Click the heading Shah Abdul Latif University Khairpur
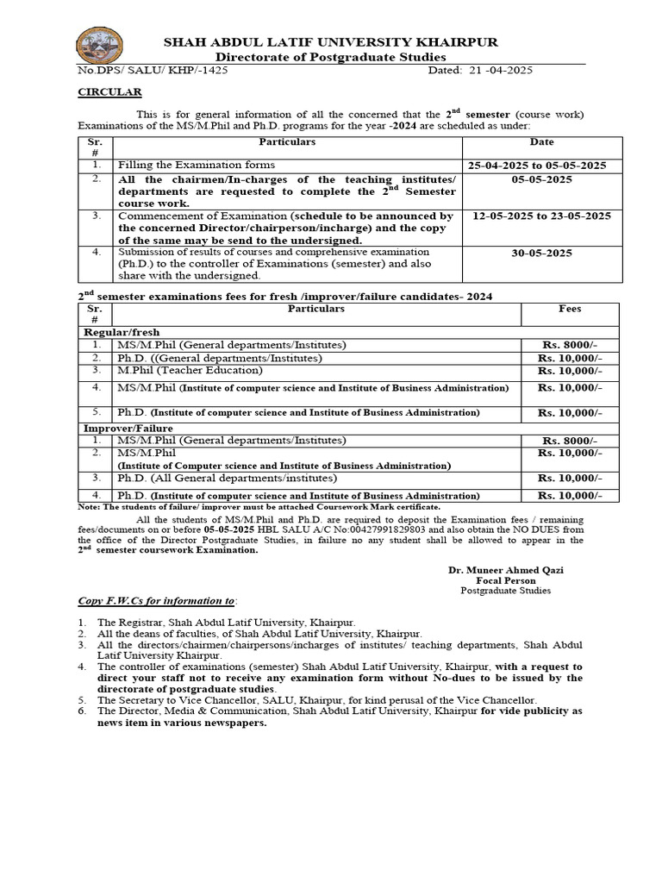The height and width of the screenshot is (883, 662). (x=331, y=41)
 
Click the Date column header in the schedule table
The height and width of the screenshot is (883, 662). (x=542, y=142)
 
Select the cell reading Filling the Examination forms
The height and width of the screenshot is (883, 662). (x=197, y=164)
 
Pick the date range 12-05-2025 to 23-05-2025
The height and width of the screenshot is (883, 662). (x=542, y=216)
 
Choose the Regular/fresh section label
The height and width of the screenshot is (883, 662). (x=122, y=332)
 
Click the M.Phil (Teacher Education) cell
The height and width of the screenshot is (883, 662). (x=190, y=370)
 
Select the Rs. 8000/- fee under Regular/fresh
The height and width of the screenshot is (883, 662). (x=571, y=345)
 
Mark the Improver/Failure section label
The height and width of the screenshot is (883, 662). (x=128, y=428)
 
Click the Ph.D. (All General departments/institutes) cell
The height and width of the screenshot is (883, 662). (x=227, y=478)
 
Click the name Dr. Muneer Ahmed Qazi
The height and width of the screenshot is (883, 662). (x=505, y=571)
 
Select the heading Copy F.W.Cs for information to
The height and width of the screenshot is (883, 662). (x=156, y=599)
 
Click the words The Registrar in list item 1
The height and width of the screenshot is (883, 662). (x=129, y=622)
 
